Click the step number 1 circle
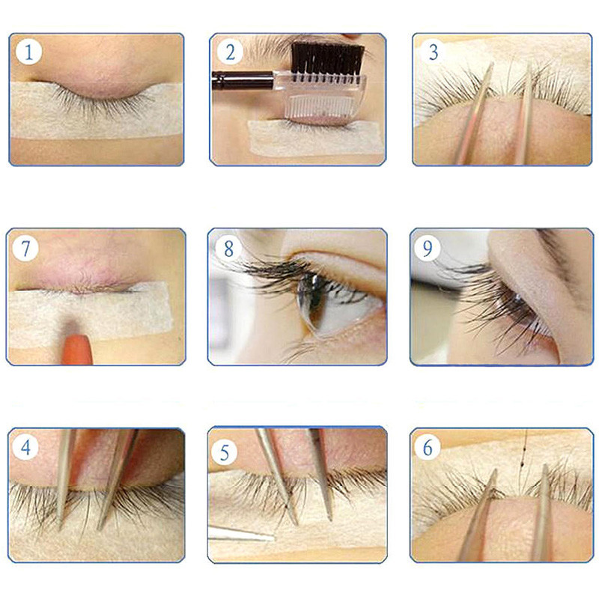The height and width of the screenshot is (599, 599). point(28,52)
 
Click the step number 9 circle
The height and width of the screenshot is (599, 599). point(428,248)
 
